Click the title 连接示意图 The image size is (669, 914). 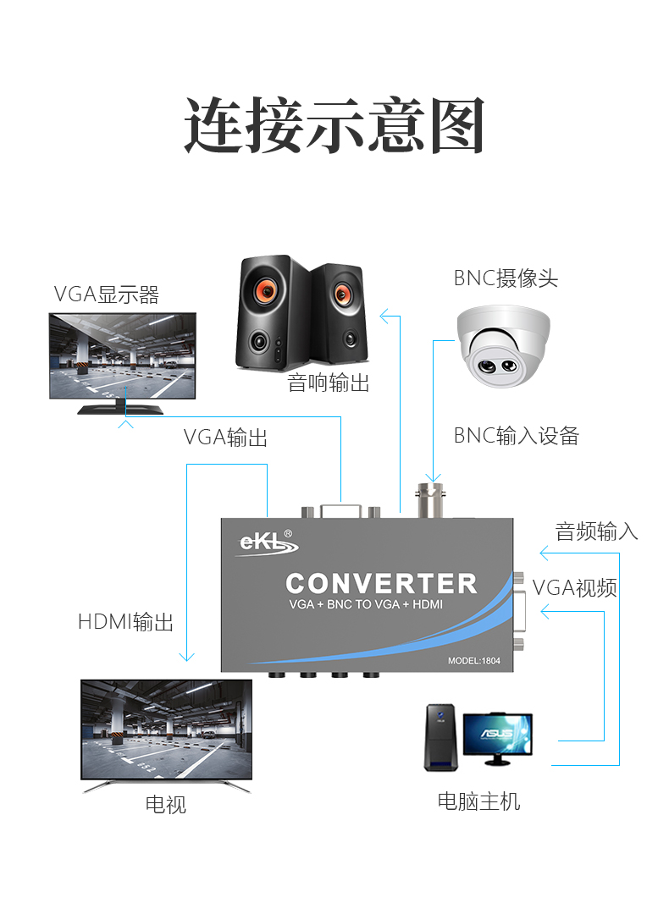tap(334, 125)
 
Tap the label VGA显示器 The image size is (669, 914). tap(107, 295)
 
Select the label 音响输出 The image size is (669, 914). tap(329, 383)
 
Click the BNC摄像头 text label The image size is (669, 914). tap(506, 278)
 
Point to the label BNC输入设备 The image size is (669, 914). tap(516, 436)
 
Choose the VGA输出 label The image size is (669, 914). tap(225, 438)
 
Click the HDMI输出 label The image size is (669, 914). tap(125, 622)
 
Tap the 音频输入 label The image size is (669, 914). tap(596, 531)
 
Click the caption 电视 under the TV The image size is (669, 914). tap(165, 804)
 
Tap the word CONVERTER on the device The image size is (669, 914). tap(381, 583)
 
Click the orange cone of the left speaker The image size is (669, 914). tap(264, 292)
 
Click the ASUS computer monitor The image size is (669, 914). tap(506, 736)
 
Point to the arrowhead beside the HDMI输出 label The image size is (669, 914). tap(186, 657)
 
